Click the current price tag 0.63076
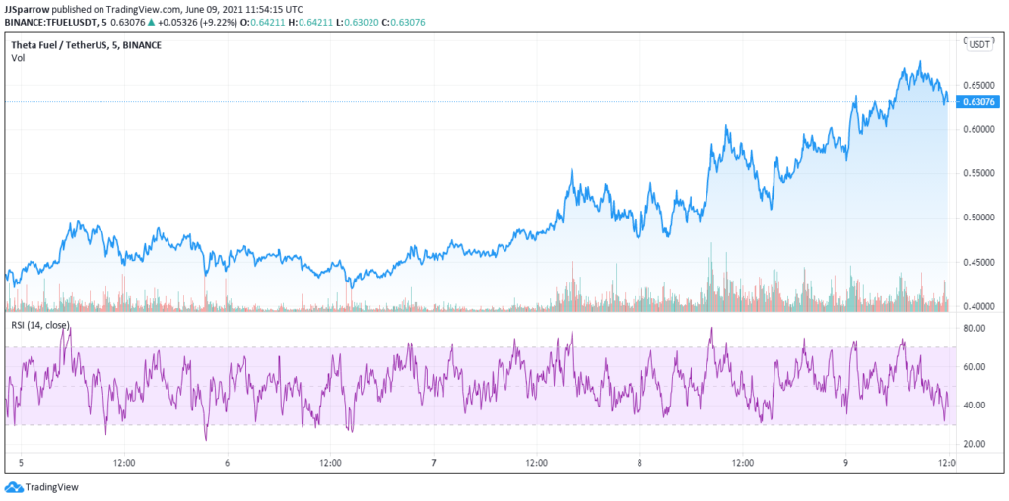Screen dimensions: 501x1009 point(980,101)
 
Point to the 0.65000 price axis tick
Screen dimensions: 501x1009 point(978,86)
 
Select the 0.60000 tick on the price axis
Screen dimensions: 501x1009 point(978,129)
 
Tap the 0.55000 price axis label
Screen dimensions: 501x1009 point(978,173)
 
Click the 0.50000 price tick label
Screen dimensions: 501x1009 point(978,218)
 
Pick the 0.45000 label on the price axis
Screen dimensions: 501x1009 point(978,262)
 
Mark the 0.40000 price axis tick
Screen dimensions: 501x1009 point(978,306)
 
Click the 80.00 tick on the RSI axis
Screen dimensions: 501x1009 point(975,330)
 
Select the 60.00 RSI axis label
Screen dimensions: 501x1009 point(975,367)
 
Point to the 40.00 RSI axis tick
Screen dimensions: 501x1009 point(975,406)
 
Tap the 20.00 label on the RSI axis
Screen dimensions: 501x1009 point(975,444)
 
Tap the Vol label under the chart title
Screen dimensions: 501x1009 point(18,58)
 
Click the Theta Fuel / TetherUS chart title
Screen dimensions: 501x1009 point(87,44)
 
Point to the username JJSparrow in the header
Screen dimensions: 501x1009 point(27,8)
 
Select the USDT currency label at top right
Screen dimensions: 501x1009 point(979,44)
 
